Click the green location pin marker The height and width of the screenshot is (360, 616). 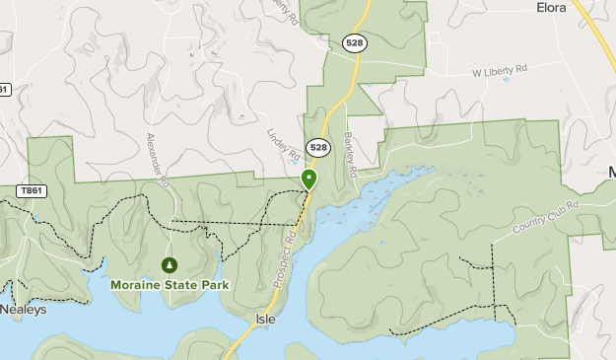pos(308,180)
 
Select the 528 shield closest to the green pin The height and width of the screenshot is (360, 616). pos(317,147)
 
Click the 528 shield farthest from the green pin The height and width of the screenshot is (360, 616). pos(355,42)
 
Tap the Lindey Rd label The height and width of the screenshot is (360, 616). pos(284,145)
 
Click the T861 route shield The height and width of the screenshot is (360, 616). pos(32,190)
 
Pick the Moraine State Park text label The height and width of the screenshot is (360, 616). pos(170,285)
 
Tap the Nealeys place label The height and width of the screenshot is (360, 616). pos(23,309)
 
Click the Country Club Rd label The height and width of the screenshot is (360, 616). pos(545,218)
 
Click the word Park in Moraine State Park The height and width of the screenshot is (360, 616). pos(214,285)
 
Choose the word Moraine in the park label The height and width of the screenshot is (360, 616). pos(136,285)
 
